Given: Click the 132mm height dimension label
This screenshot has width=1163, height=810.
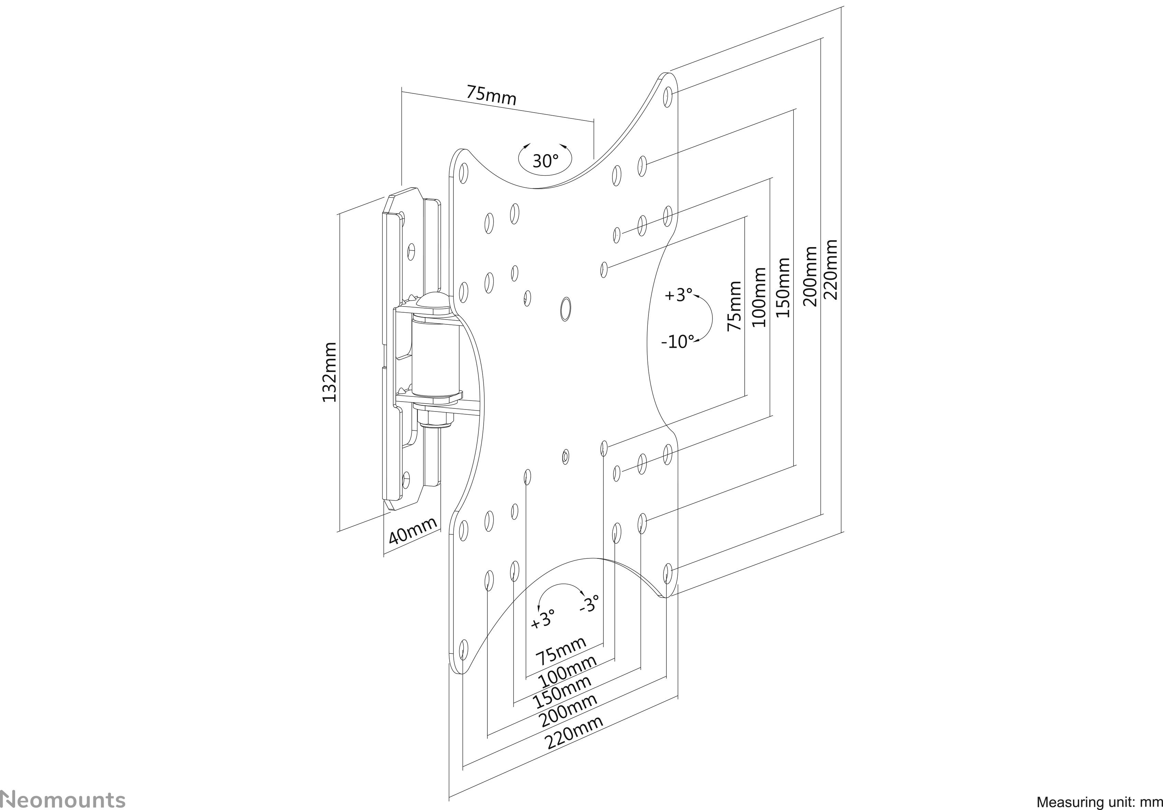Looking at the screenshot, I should (330, 372).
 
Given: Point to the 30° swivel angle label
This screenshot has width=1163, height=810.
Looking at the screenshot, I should (545, 161).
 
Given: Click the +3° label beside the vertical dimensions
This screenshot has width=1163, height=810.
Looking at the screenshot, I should (678, 294).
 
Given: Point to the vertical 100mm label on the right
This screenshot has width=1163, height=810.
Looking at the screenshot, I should (759, 297).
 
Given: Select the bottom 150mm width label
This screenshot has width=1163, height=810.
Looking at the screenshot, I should (562, 692).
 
